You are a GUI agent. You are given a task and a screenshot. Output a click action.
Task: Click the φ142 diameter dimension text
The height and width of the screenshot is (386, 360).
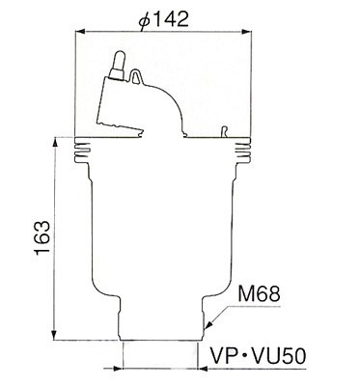pyautogui.click(x=163, y=18)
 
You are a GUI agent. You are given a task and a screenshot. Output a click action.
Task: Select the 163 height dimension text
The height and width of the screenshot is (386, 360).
pyautogui.click(x=42, y=237)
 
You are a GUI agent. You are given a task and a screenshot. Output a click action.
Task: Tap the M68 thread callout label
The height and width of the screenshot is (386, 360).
pyautogui.click(x=259, y=294)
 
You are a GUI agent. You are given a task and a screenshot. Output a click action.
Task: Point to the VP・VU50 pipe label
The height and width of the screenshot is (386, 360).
pyautogui.click(x=258, y=356)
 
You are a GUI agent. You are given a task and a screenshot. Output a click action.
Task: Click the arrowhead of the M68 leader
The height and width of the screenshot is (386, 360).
pyautogui.click(x=208, y=324)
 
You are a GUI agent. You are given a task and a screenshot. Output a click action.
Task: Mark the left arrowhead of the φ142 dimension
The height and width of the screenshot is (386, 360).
pyautogui.click(x=79, y=32)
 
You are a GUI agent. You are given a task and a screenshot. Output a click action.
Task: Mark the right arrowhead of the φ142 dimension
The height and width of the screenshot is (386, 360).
pyautogui.click(x=246, y=32)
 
